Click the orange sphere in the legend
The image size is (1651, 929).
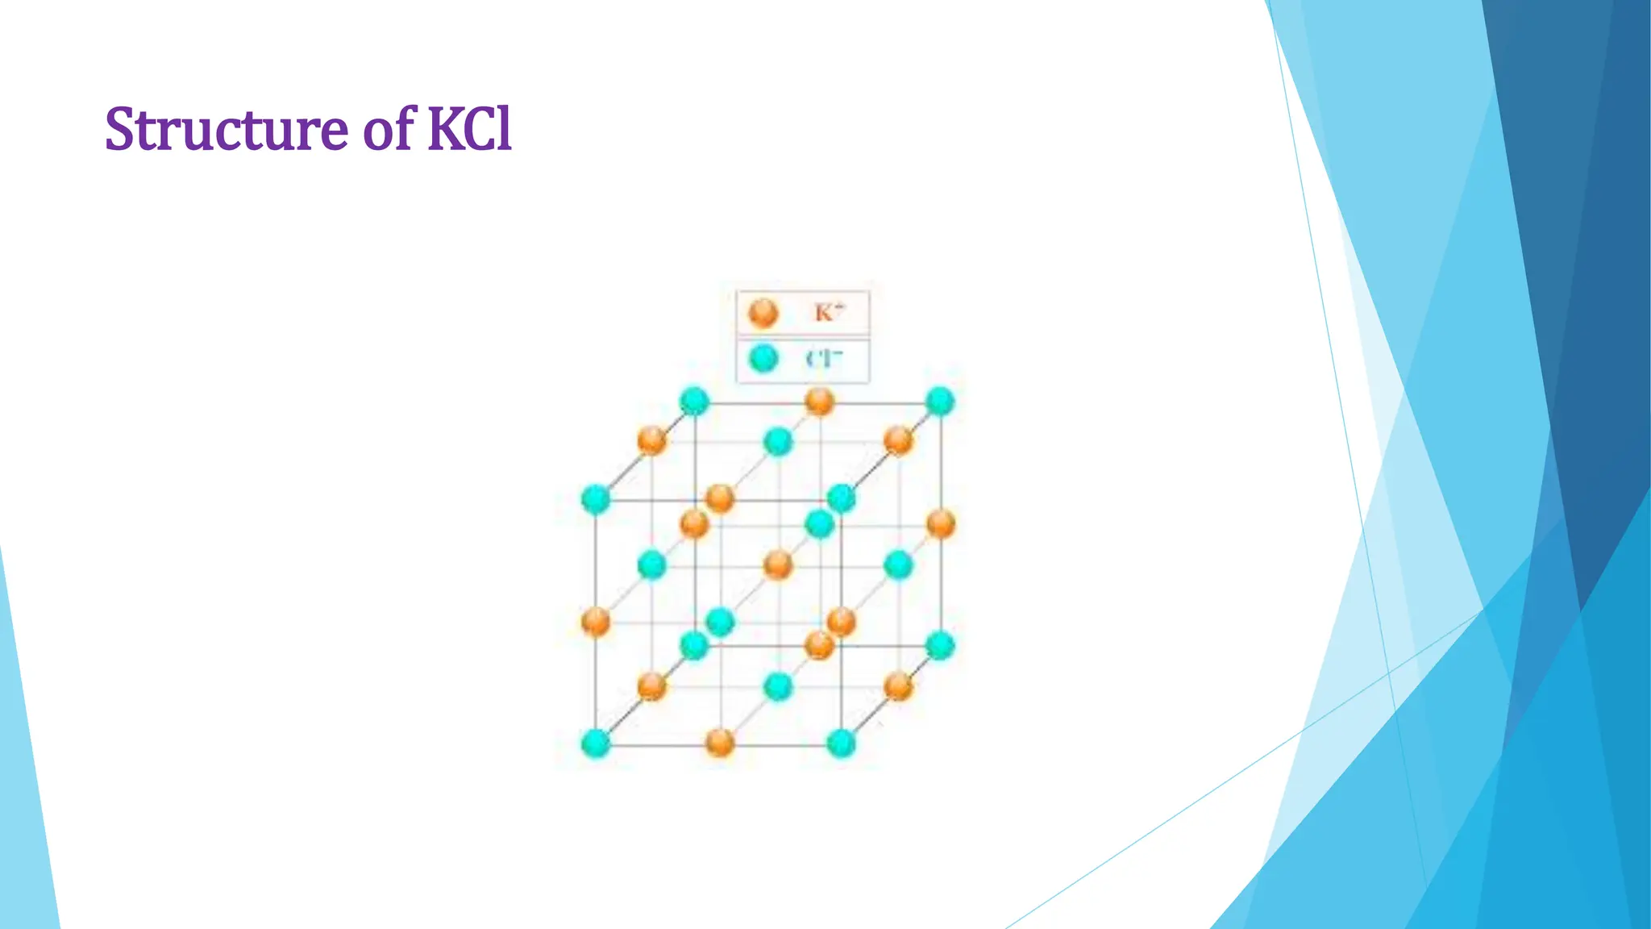763,313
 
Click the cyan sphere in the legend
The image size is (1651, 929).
763,358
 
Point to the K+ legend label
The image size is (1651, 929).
829,312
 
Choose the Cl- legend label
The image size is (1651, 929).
824,359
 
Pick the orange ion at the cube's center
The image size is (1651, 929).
778,564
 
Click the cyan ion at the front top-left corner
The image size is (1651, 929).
596,499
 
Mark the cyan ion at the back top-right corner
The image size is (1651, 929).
940,401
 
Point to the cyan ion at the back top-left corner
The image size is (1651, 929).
694,401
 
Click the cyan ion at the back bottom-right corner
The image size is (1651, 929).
940,646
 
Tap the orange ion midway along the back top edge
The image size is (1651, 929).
819,401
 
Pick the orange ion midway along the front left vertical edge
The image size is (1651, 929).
596,622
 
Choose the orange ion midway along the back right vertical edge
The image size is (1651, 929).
940,524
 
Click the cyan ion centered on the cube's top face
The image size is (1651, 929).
778,442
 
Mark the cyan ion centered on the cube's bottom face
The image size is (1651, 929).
778,687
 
